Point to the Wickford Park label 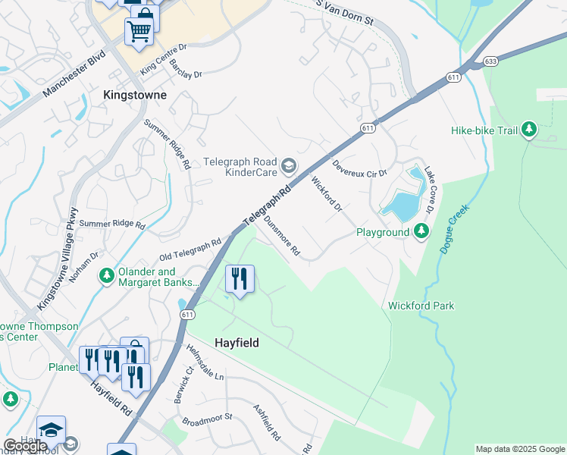click(x=421, y=306)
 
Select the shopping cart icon click(x=139, y=31)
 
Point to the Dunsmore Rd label click(x=282, y=236)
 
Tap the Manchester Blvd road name click(x=71, y=79)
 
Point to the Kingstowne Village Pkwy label click(x=58, y=257)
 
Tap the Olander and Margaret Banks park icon click(x=107, y=278)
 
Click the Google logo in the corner click(x=24, y=446)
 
